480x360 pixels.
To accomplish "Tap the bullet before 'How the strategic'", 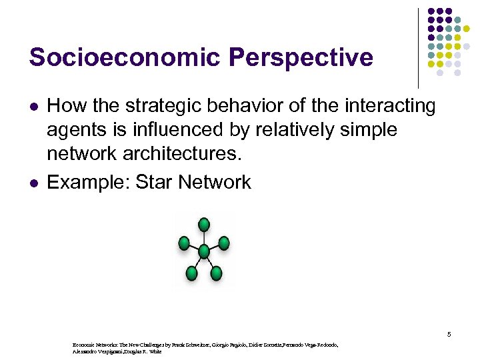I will pos(32,107).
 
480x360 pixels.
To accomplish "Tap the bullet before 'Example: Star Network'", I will pos(32,183).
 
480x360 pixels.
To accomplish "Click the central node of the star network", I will pos(203,251).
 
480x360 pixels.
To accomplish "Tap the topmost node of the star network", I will pos(204,224).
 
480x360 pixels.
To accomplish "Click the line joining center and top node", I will pos(203,237).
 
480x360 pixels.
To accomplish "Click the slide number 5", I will pos(449,333).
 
